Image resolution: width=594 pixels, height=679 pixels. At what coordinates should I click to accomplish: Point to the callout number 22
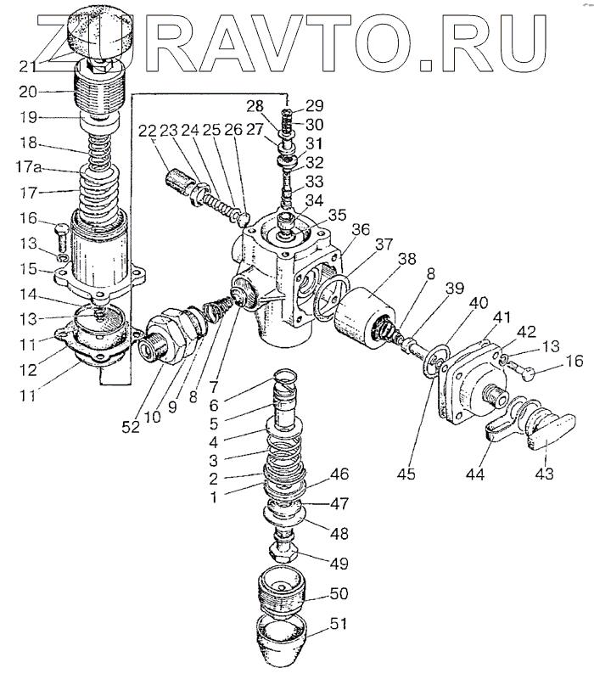click(x=148, y=131)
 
